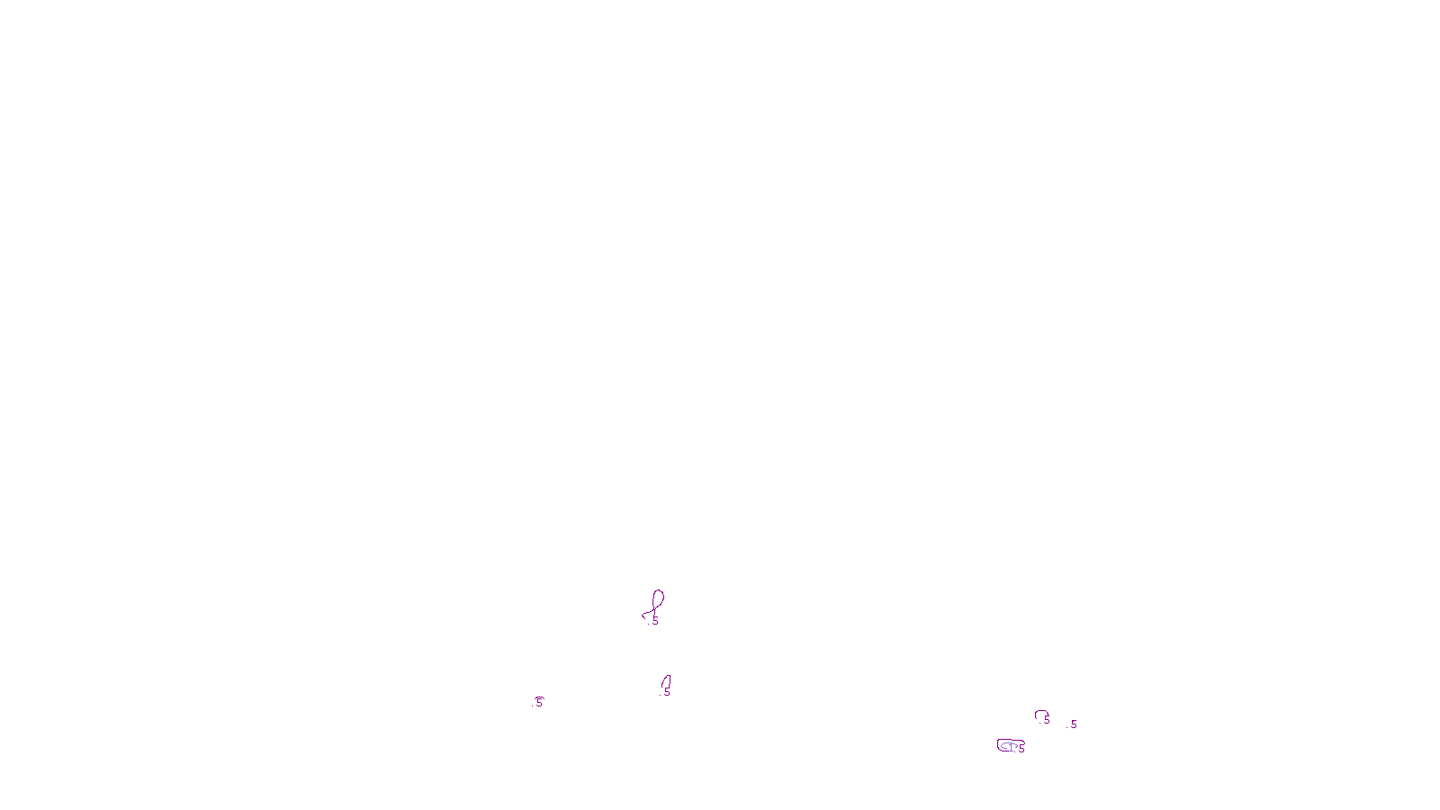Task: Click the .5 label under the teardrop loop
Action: click(x=654, y=621)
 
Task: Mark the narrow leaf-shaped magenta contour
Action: click(x=667, y=681)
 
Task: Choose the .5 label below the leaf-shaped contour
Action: click(x=666, y=693)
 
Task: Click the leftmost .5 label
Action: click(x=538, y=703)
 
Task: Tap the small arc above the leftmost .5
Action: click(x=538, y=697)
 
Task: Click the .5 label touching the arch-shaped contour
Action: click(x=1046, y=720)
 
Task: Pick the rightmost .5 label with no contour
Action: click(x=1073, y=724)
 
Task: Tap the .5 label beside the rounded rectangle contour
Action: click(x=1021, y=749)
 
